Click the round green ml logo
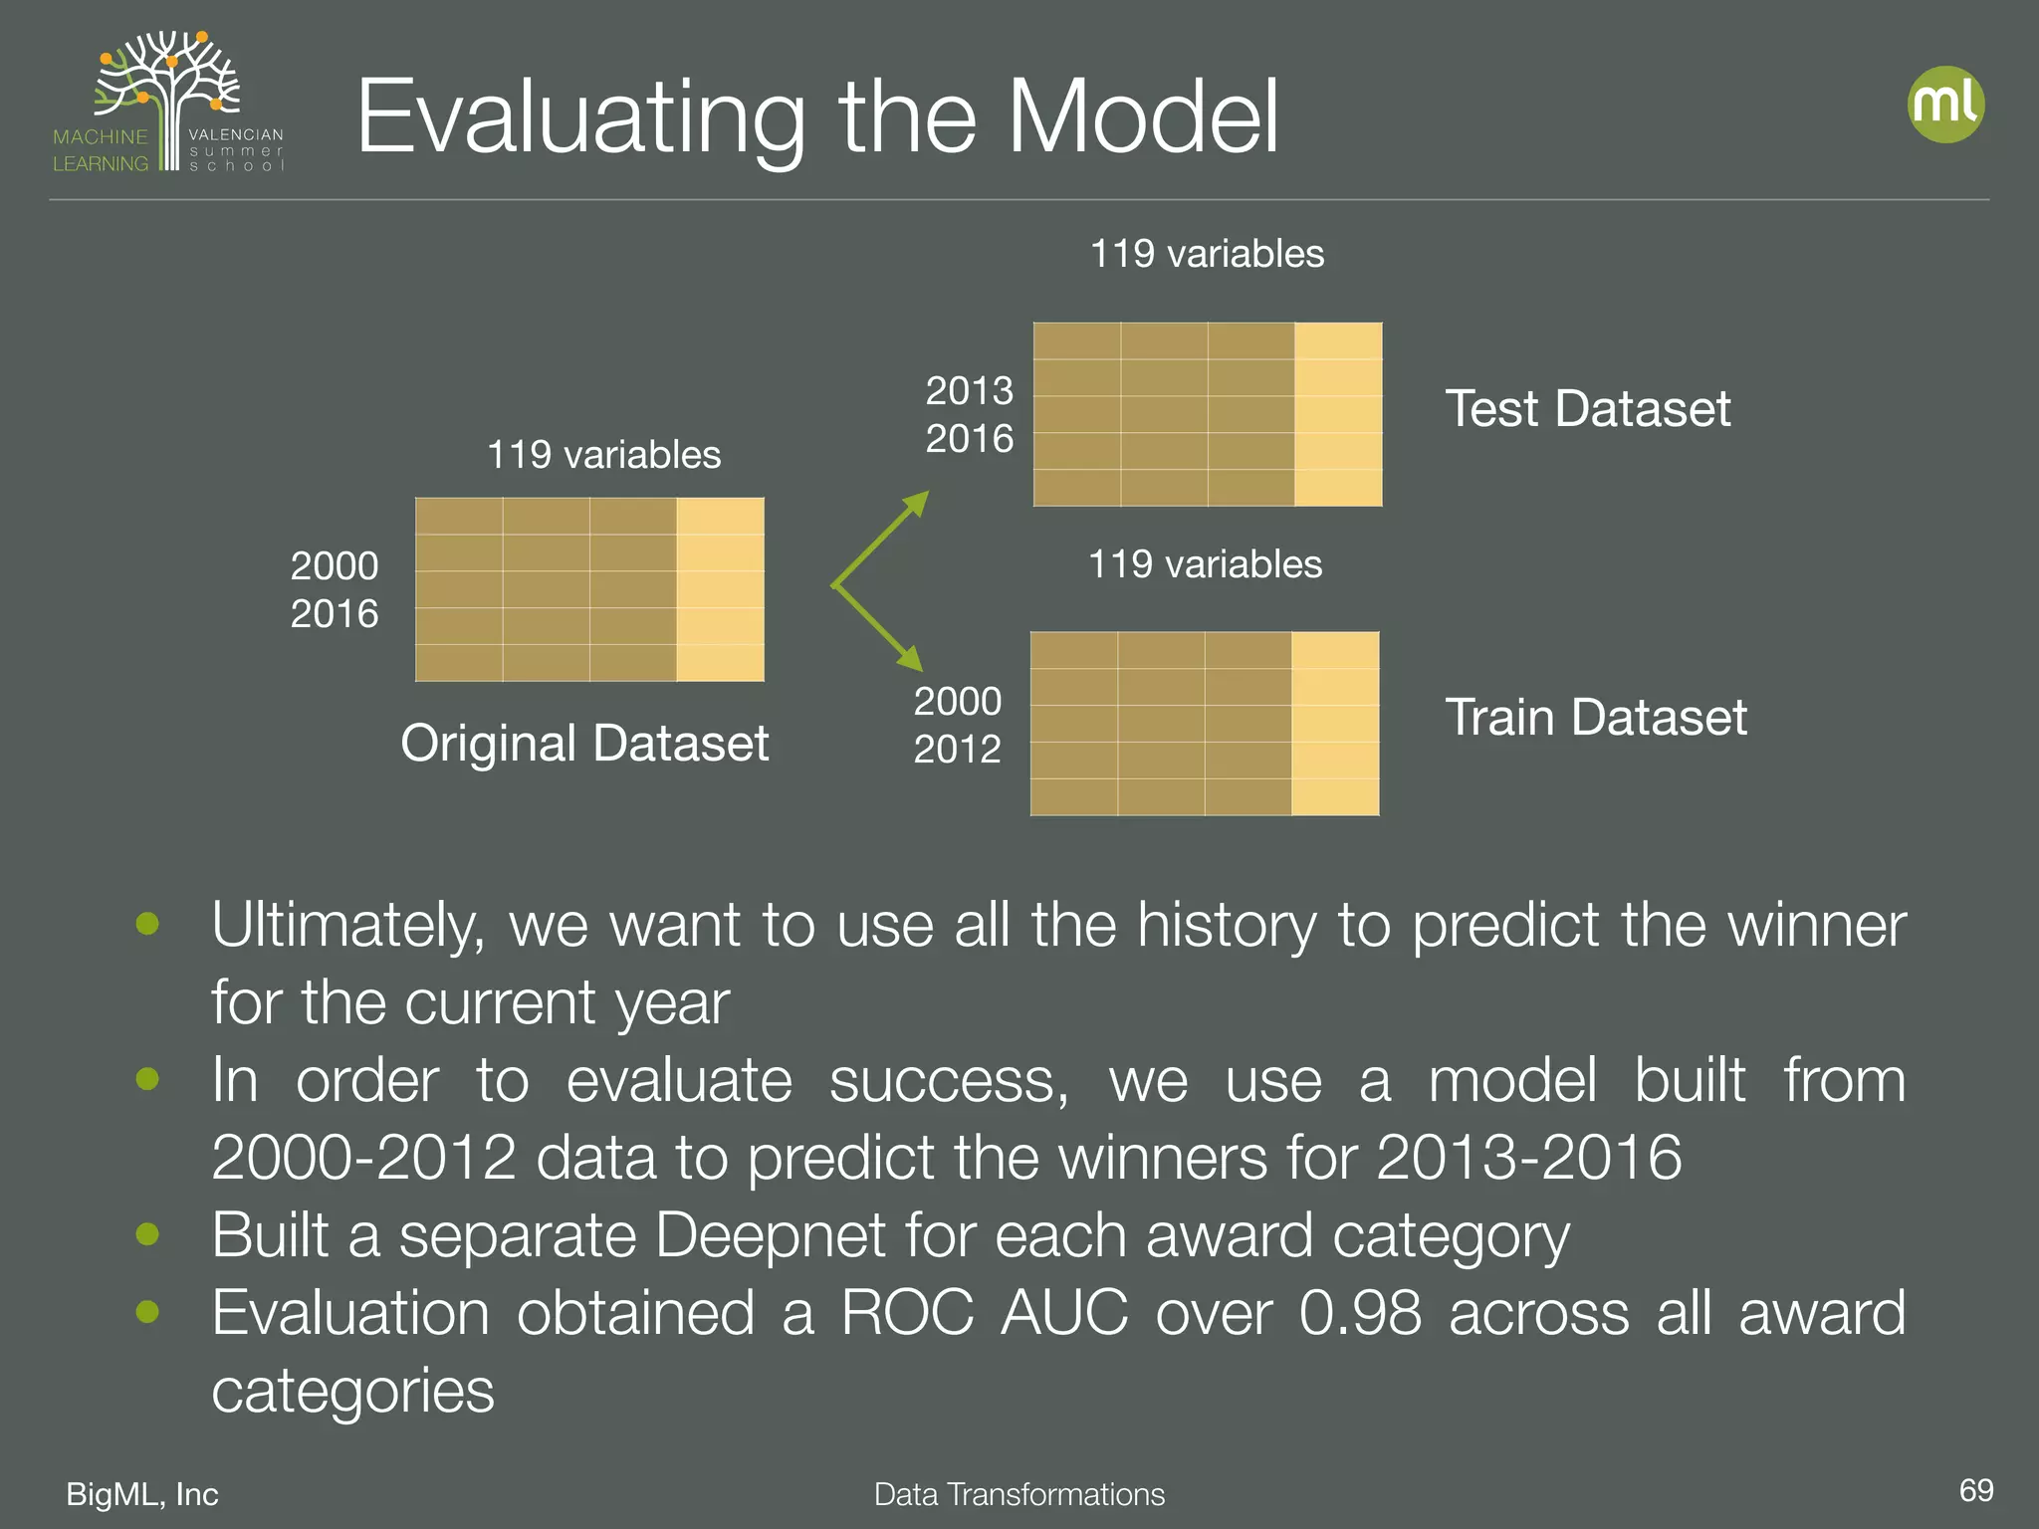(1945, 105)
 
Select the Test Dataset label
(1587, 409)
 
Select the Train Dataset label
(1595, 718)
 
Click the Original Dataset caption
(584, 744)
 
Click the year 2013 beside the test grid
(969, 390)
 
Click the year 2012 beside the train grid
(957, 749)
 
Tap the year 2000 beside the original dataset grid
(334, 565)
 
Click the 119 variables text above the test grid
(1207, 254)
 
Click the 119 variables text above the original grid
(603, 455)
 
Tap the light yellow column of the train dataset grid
(1335, 724)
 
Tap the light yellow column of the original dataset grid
(720, 589)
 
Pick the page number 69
(1975, 1490)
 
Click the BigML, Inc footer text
(142, 1494)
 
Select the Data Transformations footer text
(1019, 1494)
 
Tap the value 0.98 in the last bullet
(1360, 1313)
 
